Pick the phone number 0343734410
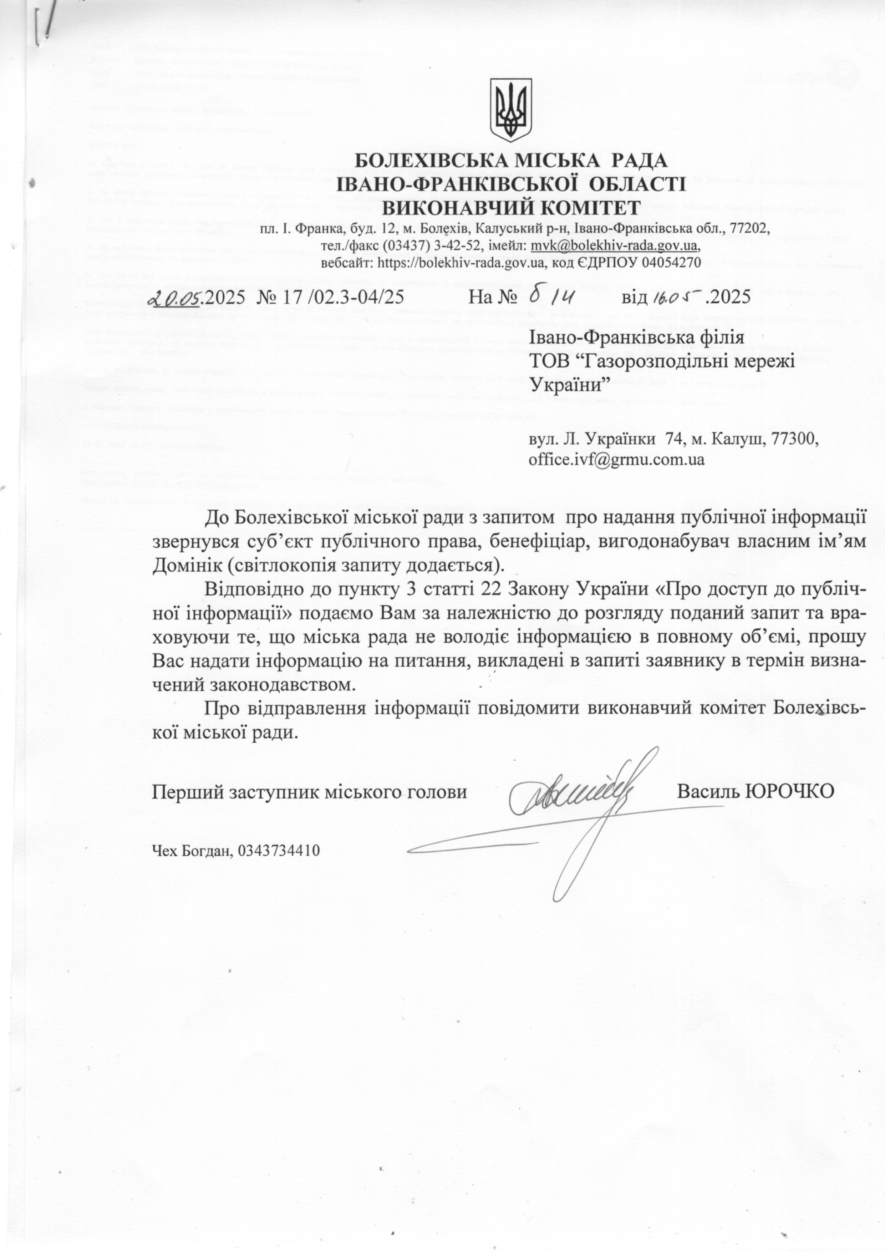(279, 850)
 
